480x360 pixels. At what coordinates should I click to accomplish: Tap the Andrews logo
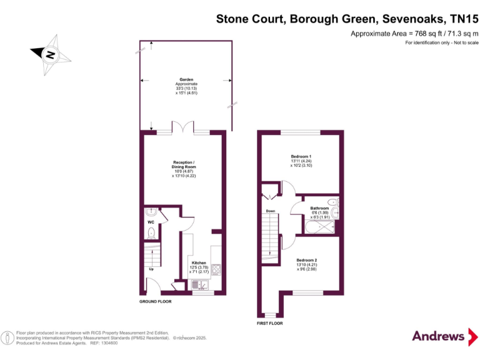click(438, 336)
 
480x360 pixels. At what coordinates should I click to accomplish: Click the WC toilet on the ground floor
click(151, 233)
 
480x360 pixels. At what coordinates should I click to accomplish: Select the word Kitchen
click(199, 262)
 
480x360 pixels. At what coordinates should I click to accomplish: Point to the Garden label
click(186, 79)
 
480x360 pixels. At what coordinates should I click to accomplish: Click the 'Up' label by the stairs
click(151, 269)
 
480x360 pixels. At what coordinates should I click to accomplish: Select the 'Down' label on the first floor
click(270, 211)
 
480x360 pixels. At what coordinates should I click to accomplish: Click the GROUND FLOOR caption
click(155, 301)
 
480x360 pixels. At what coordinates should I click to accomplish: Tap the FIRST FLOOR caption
click(270, 324)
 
